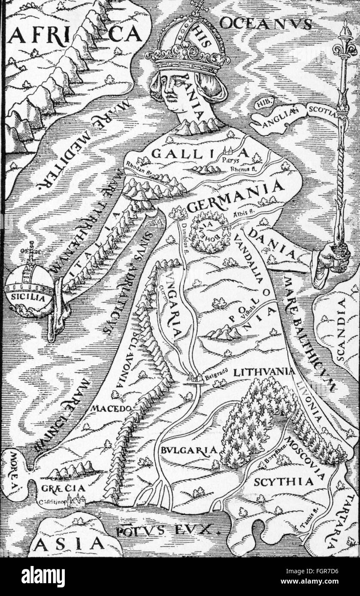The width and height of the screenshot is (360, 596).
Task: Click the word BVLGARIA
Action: (188, 450)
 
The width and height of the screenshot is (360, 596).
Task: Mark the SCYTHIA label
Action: (283, 481)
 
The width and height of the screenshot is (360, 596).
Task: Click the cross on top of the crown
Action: (198, 7)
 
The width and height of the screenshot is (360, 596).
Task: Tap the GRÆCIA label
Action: (64, 488)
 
